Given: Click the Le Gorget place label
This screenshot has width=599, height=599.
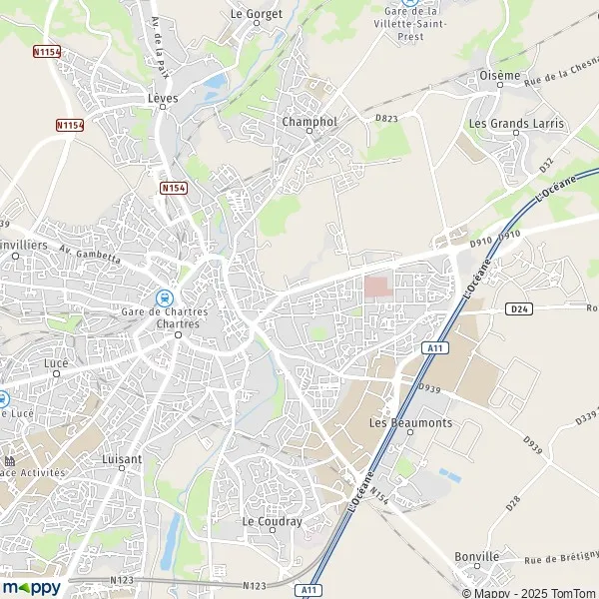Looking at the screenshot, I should click(257, 14).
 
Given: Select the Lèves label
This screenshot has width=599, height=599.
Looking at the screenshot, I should click(162, 100).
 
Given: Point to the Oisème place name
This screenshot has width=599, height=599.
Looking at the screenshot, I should click(499, 76).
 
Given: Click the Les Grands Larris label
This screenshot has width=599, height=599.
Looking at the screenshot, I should click(516, 124).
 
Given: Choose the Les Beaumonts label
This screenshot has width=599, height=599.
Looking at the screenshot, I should click(410, 422).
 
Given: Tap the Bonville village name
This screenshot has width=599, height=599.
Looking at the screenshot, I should click(475, 556).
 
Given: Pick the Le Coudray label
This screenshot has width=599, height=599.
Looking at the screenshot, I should click(266, 521).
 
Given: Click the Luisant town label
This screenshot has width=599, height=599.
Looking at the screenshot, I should click(122, 459).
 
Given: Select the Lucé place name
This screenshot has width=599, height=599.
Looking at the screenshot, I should click(55, 363).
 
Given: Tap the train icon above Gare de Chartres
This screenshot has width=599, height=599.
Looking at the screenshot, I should click(163, 297).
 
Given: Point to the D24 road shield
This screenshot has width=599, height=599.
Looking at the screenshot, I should click(516, 308).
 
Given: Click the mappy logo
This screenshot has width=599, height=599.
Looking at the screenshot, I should click(32, 587).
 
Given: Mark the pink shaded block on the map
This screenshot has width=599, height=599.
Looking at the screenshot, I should click(377, 287).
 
